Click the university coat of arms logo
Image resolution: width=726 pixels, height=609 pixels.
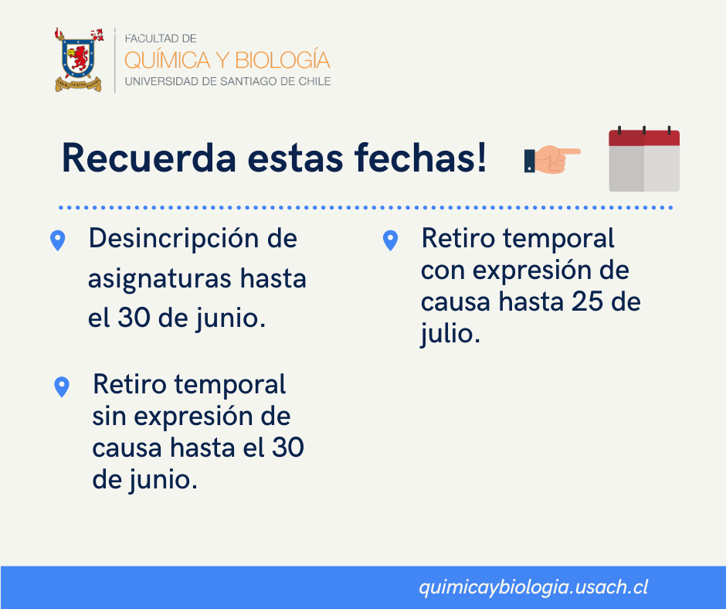78,60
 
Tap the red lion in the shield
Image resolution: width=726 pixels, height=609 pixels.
79,58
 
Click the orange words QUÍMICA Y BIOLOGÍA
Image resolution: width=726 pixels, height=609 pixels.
227,60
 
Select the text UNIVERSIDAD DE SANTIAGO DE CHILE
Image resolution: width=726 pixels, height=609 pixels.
228,82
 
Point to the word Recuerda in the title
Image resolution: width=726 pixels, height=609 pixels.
149,158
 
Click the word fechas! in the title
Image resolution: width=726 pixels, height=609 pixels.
420,158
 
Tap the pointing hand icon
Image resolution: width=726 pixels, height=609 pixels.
552,159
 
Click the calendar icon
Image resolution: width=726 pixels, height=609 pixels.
644,158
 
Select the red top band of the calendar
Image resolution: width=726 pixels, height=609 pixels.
644,138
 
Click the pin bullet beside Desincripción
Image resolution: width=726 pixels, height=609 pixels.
57,240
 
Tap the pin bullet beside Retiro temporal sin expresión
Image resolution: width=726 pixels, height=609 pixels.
62,387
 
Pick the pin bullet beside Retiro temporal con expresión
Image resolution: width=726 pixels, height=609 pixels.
390,240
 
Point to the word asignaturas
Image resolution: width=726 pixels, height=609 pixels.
160,280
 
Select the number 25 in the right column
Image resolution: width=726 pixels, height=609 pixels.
587,301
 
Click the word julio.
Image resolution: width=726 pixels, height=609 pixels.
450,334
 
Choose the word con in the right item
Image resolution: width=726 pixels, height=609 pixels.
443,271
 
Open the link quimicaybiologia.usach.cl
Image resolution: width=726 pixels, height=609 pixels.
534,587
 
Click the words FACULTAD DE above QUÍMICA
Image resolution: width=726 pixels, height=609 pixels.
161,39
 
